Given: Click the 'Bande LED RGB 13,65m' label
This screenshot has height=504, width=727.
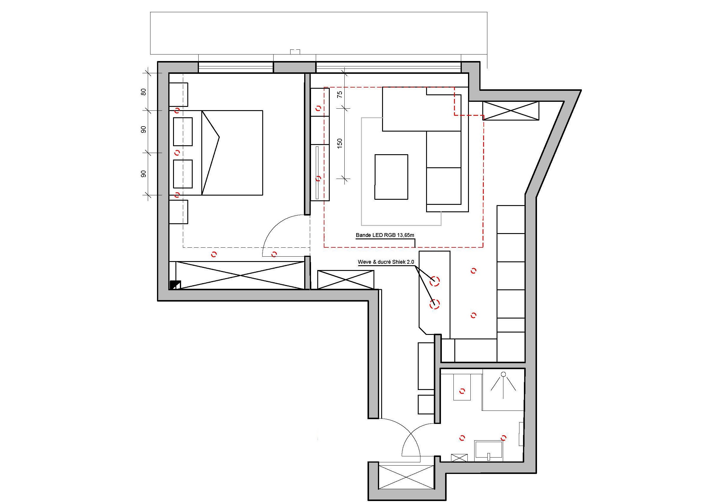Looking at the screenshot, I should coord(385,235).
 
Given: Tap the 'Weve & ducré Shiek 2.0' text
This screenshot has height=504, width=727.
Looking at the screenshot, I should coord(386,262).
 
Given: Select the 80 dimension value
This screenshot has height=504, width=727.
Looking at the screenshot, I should coord(144,92).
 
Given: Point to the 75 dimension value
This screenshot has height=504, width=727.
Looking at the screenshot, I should coord(340,94).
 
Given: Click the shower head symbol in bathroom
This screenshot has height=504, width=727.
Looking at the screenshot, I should coord(503,375).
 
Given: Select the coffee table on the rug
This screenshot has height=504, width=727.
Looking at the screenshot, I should coord(391,177).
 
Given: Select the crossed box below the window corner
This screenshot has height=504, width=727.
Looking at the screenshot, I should coord(511,110).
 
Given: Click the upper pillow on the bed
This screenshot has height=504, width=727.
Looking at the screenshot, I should coord(183,132).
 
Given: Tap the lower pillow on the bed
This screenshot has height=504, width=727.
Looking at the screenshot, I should coord(183,174).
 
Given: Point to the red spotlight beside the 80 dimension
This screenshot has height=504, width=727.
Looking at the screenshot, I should coord(177,110).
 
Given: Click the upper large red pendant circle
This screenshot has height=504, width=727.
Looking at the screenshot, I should coord(435,280).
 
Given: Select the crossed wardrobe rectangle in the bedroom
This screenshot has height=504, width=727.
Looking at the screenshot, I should coord(240,275).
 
